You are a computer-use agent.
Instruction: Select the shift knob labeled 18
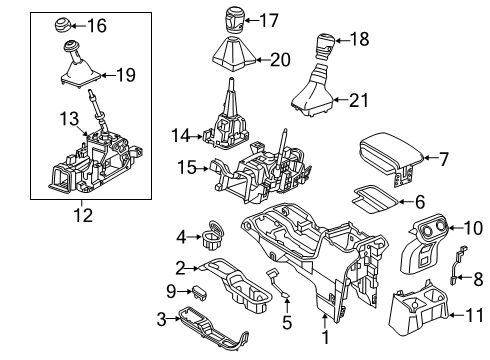click(x=323, y=42)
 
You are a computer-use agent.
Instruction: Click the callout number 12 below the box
click(x=79, y=210)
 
